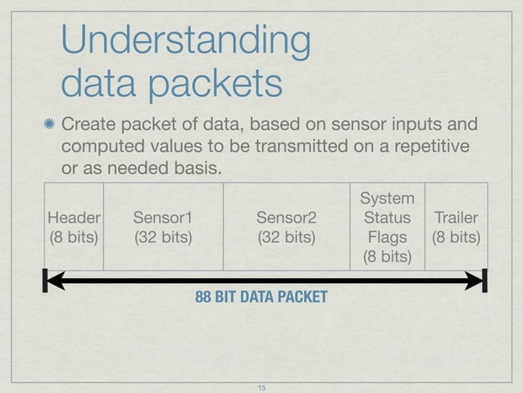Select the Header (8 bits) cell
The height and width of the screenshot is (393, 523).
pos(74,228)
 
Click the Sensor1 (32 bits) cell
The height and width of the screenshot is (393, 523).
pos(162,228)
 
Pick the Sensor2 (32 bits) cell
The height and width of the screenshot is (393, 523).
pos(286,228)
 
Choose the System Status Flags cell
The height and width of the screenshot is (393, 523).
pos(388,228)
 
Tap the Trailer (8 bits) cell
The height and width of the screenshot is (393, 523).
pos(457,228)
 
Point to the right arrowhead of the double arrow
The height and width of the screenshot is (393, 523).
pos(476,281)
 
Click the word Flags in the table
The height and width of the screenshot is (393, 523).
pos(388,239)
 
